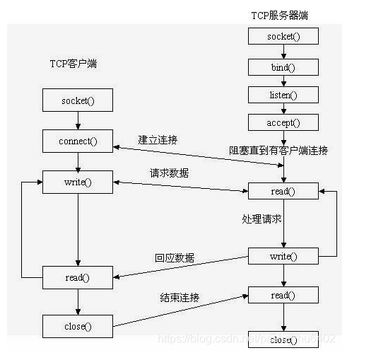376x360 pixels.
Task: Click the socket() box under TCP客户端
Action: click(77, 100)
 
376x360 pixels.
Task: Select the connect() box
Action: click(77, 141)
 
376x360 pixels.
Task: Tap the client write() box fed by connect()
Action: click(77, 182)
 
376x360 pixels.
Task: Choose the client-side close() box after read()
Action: click(77, 326)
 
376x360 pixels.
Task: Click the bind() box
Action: click(283, 67)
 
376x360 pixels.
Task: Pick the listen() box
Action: click(283, 95)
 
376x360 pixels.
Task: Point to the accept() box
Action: click(283, 122)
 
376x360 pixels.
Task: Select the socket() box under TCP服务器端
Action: click(283, 36)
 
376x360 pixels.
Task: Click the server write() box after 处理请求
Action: click(283, 256)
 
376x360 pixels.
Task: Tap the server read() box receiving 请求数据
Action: click(283, 191)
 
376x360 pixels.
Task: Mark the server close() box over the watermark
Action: click(283, 340)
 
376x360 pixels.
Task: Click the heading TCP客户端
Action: click(73, 64)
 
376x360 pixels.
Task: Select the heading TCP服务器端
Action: click(280, 15)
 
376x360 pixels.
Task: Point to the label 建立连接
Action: click(158, 139)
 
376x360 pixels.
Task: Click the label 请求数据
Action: click(170, 172)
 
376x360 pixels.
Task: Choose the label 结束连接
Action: click(180, 297)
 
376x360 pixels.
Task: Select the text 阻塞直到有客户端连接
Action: click(278, 150)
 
